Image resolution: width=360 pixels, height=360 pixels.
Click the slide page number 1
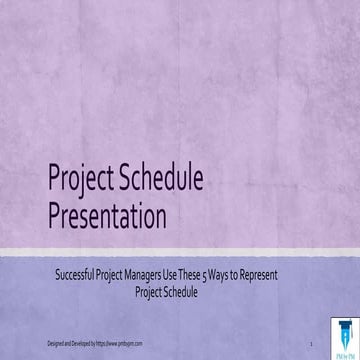click(x=311, y=343)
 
